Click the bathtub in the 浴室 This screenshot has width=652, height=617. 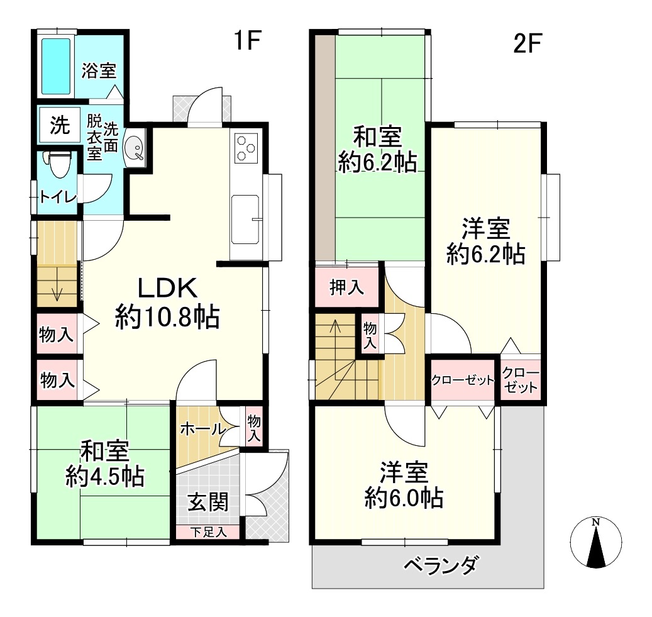point(56,67)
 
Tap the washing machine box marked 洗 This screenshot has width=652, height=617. point(60,125)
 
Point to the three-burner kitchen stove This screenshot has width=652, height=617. point(246,148)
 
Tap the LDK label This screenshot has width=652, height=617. point(167,288)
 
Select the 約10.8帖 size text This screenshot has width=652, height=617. point(167,317)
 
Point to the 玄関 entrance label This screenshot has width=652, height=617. point(208,502)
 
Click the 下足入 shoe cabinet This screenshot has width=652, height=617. point(208,531)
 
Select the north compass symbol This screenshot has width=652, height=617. point(596,543)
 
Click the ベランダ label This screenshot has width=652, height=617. point(441,565)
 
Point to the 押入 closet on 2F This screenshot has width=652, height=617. point(347,287)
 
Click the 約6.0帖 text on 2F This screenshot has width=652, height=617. point(404,497)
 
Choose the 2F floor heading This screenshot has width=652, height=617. point(527,43)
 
